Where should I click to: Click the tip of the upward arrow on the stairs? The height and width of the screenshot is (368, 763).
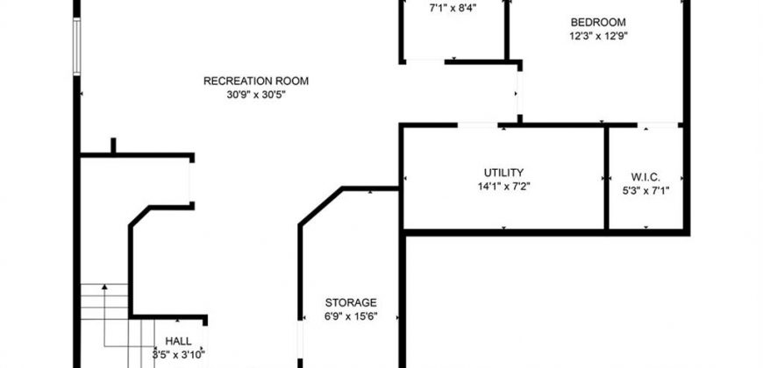tap(104, 285)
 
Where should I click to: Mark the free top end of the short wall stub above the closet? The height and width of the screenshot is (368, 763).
tap(113, 139)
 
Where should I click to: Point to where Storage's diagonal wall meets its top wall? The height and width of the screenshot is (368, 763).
tap(344, 188)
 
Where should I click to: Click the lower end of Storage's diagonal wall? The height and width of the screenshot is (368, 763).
tap(300, 225)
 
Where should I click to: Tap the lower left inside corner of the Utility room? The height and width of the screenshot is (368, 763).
tap(405, 229)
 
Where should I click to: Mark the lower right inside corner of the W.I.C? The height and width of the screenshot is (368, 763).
tap(683, 229)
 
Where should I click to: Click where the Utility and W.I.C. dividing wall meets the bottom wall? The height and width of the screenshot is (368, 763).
tap(606, 230)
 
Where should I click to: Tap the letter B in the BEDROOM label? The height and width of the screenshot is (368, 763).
tap(574, 23)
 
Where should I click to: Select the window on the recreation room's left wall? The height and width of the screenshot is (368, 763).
tap(76, 46)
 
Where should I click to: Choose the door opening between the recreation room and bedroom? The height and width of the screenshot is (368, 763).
tap(520, 92)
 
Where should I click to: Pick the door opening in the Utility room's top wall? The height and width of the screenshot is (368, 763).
tap(478, 125)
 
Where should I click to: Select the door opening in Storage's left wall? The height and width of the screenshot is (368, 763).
tap(300, 339)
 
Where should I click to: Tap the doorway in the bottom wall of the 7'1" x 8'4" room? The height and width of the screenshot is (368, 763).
tap(425, 61)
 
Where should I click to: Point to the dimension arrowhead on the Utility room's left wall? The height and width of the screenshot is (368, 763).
tap(405, 179)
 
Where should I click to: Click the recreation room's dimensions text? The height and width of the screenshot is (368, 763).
tap(256, 96)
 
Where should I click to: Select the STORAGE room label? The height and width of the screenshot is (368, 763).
tap(351, 303)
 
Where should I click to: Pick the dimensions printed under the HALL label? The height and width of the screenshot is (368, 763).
tap(179, 354)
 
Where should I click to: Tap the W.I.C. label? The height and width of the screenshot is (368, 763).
tap(645, 177)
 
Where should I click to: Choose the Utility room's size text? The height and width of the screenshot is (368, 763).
tap(504, 186)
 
